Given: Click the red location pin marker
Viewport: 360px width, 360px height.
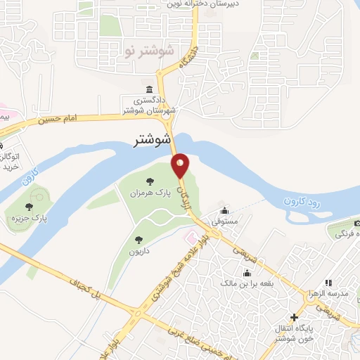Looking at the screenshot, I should [181, 165].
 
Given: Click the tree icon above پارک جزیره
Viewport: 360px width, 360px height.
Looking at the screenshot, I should [29, 207].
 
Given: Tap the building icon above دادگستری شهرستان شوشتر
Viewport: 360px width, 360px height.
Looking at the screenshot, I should [149, 89].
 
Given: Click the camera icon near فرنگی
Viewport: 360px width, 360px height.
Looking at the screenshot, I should [356, 224].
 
